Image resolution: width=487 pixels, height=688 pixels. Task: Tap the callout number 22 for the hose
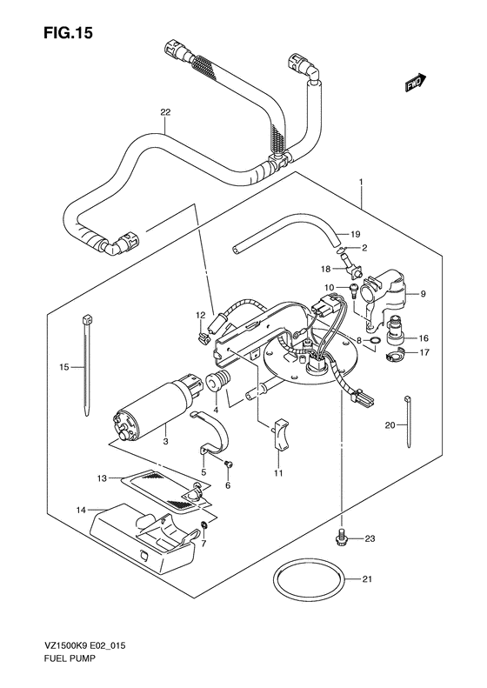click(x=165, y=112)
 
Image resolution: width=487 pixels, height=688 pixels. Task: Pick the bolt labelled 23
click(x=342, y=539)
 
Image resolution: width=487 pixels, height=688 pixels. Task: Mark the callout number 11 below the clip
click(x=278, y=473)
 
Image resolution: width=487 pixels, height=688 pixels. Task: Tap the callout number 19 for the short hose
click(x=355, y=234)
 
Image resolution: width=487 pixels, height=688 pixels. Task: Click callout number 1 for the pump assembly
click(x=358, y=182)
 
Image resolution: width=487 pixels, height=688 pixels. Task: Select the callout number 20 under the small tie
click(x=390, y=425)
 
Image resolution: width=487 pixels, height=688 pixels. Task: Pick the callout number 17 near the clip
click(x=424, y=352)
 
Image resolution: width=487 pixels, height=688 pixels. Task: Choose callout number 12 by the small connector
click(x=200, y=315)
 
